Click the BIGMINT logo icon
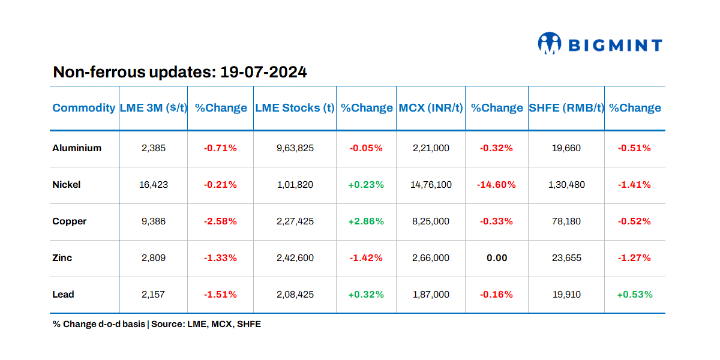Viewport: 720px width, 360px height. [x=550, y=44]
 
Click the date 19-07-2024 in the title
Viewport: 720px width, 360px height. [x=263, y=73]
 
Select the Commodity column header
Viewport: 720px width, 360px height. [x=83, y=108]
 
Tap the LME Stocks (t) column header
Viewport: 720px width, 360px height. [x=295, y=108]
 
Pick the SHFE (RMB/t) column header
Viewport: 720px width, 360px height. [x=566, y=108]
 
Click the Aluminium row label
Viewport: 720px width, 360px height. [x=77, y=148]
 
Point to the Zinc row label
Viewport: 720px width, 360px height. [x=62, y=258]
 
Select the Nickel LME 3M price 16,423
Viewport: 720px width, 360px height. [x=153, y=185]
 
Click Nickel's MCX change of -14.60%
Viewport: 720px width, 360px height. [x=496, y=185]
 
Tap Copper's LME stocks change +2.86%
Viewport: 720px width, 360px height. [x=366, y=221]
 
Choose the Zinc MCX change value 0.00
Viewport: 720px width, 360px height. [x=496, y=258]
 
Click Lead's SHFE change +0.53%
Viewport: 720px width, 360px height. [x=635, y=295]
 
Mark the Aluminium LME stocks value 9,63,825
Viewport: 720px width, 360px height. [x=295, y=148]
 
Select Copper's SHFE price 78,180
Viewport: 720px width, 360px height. [x=566, y=221]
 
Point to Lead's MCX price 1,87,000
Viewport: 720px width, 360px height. [x=431, y=295]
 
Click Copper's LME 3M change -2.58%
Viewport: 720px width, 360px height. [x=220, y=221]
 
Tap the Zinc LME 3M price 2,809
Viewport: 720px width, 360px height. [x=153, y=258]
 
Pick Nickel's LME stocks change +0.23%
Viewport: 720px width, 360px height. [x=366, y=185]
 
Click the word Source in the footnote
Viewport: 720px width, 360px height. [x=166, y=324]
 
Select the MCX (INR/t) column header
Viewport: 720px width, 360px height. [x=431, y=108]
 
